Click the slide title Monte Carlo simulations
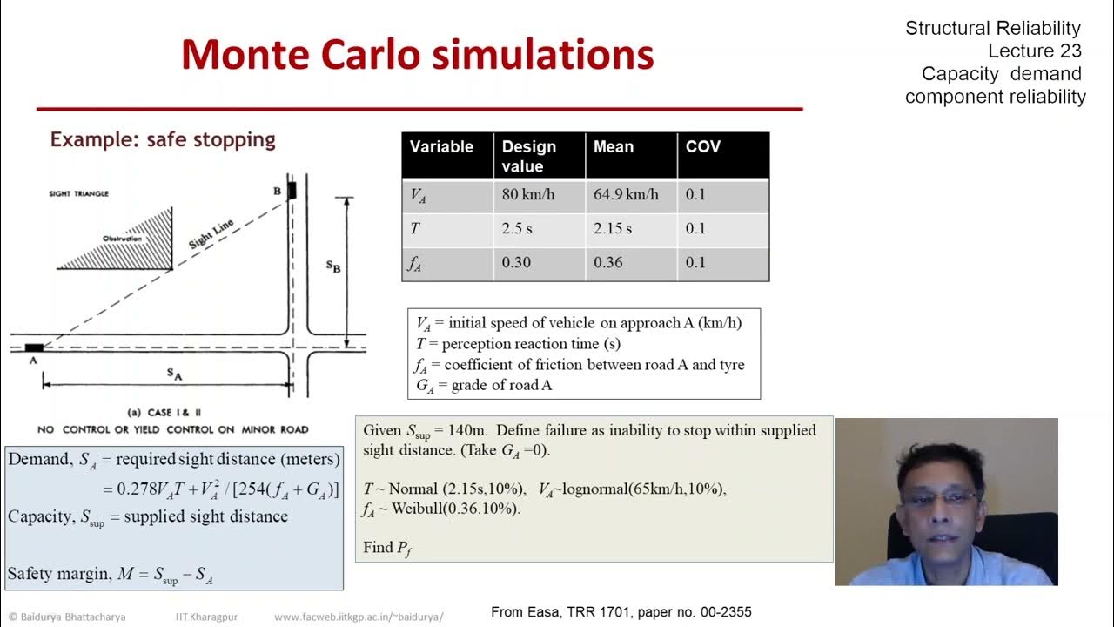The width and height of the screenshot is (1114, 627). click(417, 54)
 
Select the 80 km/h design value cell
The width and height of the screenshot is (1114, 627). click(527, 194)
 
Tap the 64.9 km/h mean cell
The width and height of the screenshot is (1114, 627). click(626, 194)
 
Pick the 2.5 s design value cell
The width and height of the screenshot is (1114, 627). click(517, 228)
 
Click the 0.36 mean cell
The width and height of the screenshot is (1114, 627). click(608, 262)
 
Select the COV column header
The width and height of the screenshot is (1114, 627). click(702, 146)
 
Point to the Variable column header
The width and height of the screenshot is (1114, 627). click(441, 146)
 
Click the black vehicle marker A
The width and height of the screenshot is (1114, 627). click(34, 347)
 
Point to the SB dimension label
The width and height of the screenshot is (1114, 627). click(333, 266)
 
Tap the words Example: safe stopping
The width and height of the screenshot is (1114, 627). click(163, 139)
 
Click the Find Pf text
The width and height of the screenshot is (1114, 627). click(387, 548)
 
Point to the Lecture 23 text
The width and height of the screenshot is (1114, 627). click(1034, 51)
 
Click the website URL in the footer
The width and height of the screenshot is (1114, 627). click(359, 617)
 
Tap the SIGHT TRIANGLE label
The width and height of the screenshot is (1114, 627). click(79, 193)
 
